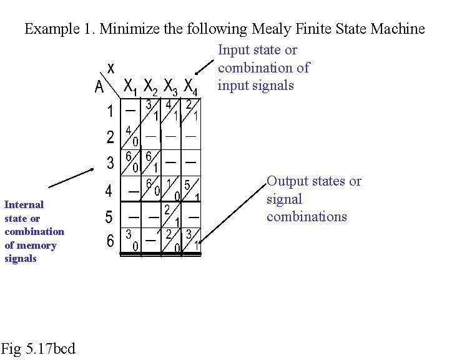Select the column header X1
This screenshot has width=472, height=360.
130,86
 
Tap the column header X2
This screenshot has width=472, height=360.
150,86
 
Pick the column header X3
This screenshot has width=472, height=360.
170,86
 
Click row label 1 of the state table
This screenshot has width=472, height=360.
111,112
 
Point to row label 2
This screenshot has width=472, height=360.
111,137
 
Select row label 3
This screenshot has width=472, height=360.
111,164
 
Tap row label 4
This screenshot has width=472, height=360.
109,190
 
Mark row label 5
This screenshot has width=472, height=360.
109,217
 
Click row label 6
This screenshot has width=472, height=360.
110,241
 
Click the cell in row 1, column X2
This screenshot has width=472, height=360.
150,111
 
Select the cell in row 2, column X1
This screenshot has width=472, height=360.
131,136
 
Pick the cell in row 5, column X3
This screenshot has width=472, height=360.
171,215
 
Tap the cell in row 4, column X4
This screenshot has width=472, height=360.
192,189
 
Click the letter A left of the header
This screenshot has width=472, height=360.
99,88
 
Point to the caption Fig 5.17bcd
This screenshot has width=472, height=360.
38,348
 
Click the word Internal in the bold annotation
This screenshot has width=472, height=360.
24,204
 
